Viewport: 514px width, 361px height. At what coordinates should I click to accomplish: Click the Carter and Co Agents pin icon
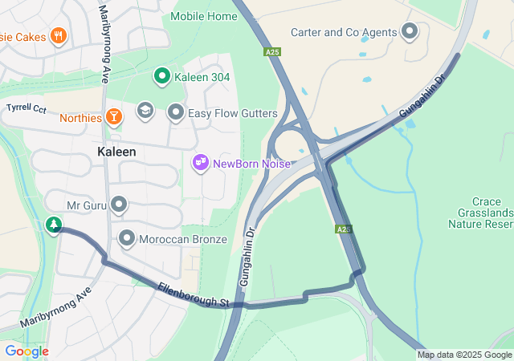pyautogui.click(x=410, y=32)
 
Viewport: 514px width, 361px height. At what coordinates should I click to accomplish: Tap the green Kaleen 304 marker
pyautogui.click(x=161, y=77)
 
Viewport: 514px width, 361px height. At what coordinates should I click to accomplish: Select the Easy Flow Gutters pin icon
pyautogui.click(x=176, y=113)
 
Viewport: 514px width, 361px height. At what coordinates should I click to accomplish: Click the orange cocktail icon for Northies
pyautogui.click(x=115, y=118)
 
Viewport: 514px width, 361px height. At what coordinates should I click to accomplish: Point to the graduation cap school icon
pyautogui.click(x=145, y=110)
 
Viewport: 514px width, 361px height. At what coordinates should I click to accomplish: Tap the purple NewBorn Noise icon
pyautogui.click(x=200, y=164)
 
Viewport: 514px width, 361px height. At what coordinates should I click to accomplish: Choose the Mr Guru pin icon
pyautogui.click(x=119, y=205)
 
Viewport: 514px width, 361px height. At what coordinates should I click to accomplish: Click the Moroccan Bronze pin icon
pyautogui.click(x=127, y=238)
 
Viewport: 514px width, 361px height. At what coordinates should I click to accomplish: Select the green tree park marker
pyautogui.click(x=54, y=225)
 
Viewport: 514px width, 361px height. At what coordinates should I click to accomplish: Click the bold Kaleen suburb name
pyautogui.click(x=116, y=152)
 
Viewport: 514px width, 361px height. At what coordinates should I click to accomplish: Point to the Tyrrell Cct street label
pyautogui.click(x=28, y=107)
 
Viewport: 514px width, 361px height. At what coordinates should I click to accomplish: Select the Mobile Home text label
pyautogui.click(x=204, y=16)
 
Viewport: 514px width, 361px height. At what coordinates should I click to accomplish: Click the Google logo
pyautogui.click(x=27, y=351)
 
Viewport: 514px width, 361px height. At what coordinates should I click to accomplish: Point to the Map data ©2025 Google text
pyautogui.click(x=464, y=355)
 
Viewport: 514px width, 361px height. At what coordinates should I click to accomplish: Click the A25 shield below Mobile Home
pyautogui.click(x=273, y=52)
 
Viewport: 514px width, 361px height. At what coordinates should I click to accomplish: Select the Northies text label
pyautogui.click(x=80, y=118)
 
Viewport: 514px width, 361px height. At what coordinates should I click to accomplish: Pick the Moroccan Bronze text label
pyautogui.click(x=183, y=239)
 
